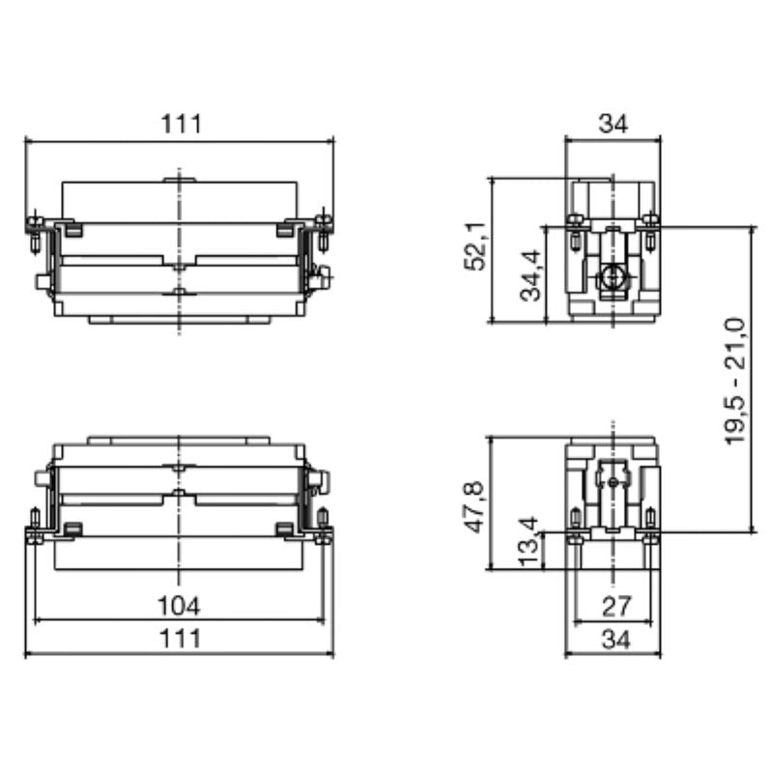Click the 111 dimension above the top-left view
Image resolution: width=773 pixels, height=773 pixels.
pos(180,124)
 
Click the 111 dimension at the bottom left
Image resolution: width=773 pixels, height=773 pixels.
pos(180,639)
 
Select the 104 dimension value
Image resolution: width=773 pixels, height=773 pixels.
pos(180,605)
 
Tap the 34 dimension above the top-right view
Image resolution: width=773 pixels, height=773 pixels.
pos(613,124)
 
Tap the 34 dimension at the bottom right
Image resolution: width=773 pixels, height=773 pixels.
pos(613,639)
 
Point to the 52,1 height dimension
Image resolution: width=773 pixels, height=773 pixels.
pos(477,249)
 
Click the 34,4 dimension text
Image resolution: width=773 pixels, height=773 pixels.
pos(531,275)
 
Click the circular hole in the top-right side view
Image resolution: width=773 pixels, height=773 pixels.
pos(611,279)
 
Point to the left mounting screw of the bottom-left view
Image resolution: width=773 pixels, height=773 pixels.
pos(35,528)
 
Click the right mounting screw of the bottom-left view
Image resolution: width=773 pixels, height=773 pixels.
pos(324,528)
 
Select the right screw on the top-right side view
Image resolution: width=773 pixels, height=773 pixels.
pos(650,225)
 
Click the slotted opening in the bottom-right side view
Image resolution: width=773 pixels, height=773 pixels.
pos(613,477)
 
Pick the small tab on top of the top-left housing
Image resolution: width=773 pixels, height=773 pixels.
pos(180,178)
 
